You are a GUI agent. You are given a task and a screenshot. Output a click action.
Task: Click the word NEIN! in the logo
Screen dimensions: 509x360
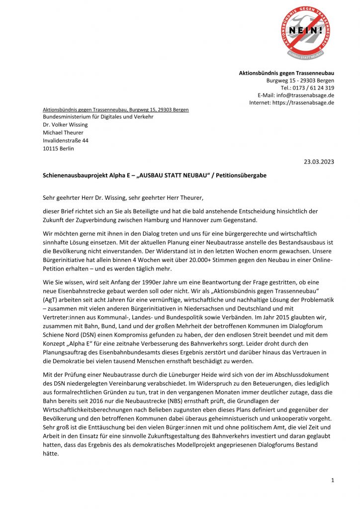(305, 30)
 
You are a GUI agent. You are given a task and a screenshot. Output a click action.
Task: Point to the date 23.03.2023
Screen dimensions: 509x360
(319, 162)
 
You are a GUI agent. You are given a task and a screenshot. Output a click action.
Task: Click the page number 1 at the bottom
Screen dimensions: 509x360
(333, 480)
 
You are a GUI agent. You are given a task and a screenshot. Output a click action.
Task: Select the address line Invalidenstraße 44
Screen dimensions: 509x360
(66, 141)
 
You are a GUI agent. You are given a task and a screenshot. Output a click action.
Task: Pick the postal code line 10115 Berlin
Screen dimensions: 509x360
(58, 149)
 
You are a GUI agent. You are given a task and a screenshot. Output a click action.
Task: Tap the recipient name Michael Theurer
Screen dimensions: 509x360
(63, 133)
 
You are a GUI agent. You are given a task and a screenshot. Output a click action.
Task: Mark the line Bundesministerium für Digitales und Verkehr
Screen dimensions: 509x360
(98, 117)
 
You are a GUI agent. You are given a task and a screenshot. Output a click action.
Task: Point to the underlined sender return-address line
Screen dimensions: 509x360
(115, 109)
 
